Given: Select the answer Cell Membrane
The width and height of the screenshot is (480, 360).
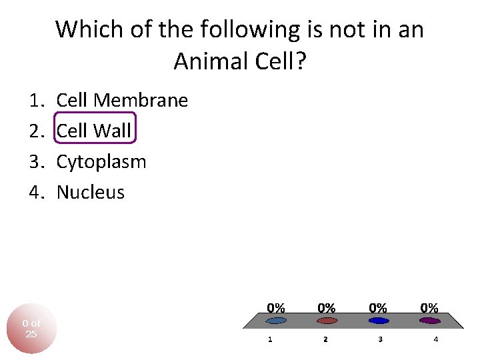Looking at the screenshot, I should point(122,101).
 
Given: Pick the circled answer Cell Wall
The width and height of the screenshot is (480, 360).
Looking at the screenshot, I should point(94,131).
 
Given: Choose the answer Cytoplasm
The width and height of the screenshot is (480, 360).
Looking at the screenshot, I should point(101,162).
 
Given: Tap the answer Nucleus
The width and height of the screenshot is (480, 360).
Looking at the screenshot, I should point(91,193).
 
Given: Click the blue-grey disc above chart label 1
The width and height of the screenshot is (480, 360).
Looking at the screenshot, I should point(275,321).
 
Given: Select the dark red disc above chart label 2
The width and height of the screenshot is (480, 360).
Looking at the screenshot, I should point(327,321).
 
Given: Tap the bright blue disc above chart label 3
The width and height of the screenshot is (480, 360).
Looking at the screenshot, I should point(378,321).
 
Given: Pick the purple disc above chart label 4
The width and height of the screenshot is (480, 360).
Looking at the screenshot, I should point(429,321).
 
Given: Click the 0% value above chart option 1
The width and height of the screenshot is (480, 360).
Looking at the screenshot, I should point(276,308).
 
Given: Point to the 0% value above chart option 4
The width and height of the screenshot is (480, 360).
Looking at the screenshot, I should point(429,308).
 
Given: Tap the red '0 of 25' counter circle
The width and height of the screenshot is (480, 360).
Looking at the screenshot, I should point(31,328).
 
